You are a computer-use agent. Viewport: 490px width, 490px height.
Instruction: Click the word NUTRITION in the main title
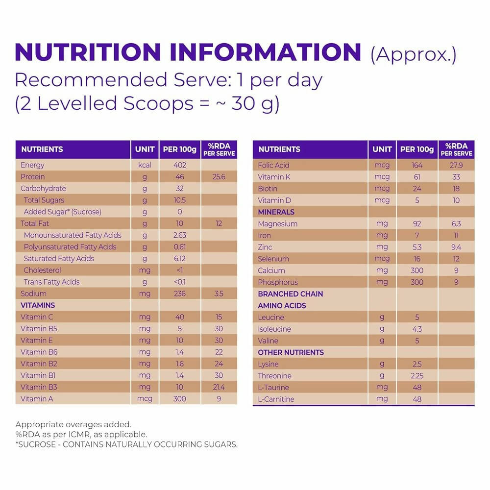point(88,52)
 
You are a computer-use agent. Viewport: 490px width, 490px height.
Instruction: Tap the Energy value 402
point(180,165)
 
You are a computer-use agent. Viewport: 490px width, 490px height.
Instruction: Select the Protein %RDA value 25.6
point(219,177)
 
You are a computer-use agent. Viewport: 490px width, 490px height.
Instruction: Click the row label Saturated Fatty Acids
point(59,259)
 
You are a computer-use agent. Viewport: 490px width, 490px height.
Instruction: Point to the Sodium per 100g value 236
point(180,294)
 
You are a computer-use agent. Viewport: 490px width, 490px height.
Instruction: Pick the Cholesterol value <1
point(180,270)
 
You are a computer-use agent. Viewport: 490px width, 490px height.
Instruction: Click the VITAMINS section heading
point(38,305)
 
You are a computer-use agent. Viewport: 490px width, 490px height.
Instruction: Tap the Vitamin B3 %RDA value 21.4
point(219,387)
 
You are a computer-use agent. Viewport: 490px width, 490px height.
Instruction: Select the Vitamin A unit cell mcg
point(145,399)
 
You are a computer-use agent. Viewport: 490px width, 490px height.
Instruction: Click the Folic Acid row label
point(273,165)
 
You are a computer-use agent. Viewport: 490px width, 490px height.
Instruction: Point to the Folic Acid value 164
point(417,165)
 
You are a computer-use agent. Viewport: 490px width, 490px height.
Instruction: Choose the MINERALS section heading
point(276,212)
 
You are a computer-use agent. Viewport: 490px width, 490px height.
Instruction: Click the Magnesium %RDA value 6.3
point(456,224)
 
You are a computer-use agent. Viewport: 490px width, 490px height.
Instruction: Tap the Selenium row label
point(273,259)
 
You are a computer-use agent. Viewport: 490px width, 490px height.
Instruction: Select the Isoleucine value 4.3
point(417,329)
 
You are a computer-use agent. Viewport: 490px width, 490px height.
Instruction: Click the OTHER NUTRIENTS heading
point(291,352)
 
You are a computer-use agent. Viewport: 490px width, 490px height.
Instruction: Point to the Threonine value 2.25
point(417,376)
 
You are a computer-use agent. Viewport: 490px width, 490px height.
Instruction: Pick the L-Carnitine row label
point(276,399)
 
